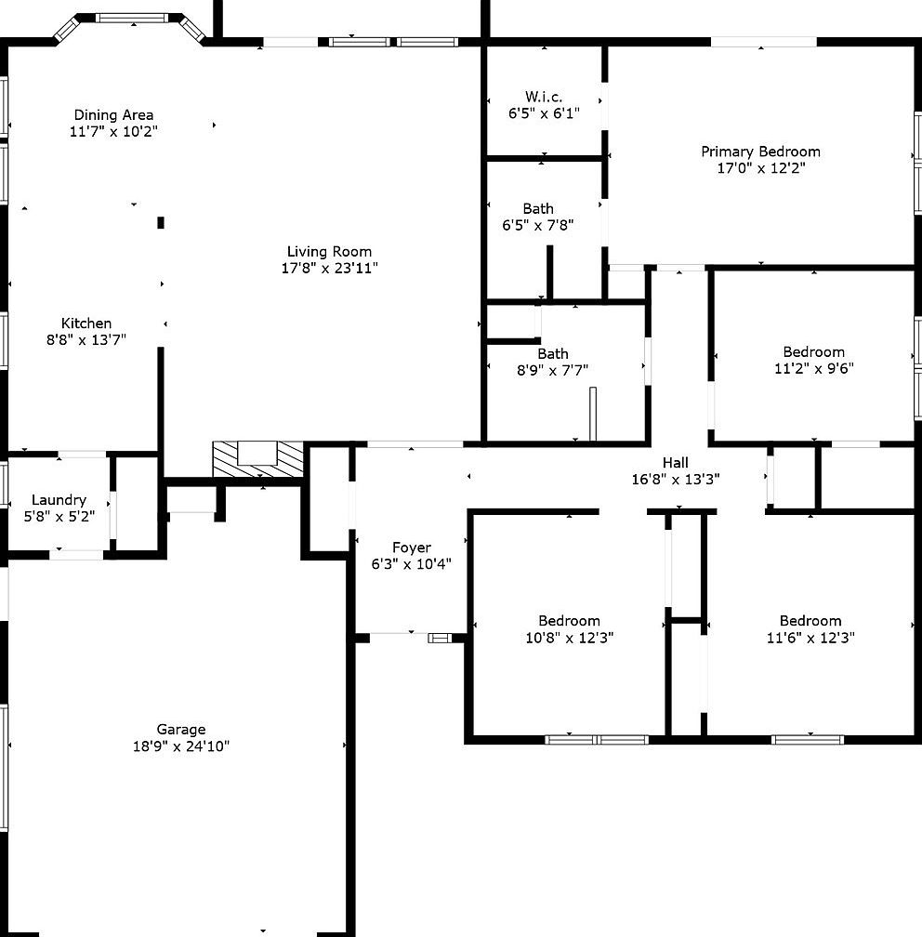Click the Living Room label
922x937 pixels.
coord(329,252)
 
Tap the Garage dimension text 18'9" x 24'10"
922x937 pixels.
coord(181,746)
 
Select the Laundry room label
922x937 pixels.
coord(59,499)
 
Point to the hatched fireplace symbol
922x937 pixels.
coord(258,459)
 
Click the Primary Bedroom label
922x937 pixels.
coord(760,152)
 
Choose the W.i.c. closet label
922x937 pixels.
coord(544,97)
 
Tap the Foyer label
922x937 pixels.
coord(412,548)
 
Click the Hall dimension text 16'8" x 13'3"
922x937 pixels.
coord(676,480)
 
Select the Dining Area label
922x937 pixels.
coord(113,114)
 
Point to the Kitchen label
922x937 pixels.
coord(86,323)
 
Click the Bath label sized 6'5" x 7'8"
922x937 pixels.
coord(538,208)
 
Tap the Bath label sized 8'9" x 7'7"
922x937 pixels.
coord(553,354)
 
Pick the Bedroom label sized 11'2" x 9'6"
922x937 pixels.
coord(814,351)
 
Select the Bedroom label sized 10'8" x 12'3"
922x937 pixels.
coord(569,621)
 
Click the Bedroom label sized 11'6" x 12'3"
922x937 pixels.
coord(810,621)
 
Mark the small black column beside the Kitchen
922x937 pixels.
coord(161,222)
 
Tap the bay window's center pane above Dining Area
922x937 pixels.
coord(132,19)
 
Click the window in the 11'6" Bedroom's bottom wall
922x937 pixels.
coord(808,740)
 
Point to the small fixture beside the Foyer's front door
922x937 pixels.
coord(440,639)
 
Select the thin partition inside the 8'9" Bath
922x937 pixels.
coord(593,415)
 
